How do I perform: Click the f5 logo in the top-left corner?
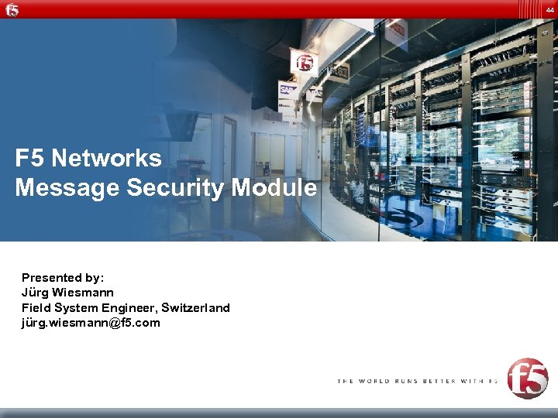tap(12, 9)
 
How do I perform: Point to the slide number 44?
tap(549, 9)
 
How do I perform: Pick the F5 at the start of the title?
tap(29, 159)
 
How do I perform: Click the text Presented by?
tap(63, 277)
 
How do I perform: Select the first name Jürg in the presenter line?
tap(34, 293)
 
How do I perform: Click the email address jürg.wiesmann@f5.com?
tap(91, 323)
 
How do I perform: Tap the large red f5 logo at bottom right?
tap(527, 378)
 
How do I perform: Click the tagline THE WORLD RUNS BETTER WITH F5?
tap(417, 381)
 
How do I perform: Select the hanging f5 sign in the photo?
tap(303, 60)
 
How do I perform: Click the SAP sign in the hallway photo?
tap(288, 90)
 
